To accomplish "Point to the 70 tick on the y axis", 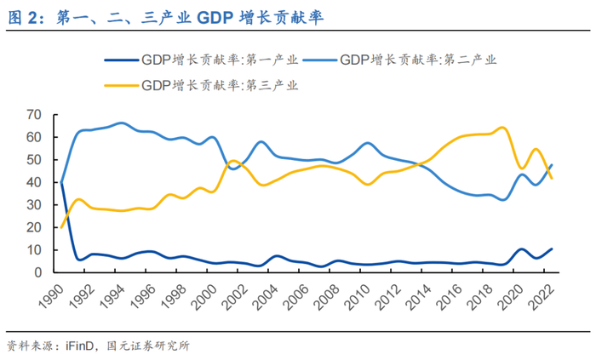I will pos(34,114).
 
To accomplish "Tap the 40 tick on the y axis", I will pos(34,182).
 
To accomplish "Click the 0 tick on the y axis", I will pos(38,272).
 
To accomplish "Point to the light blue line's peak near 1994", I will pos(121,123).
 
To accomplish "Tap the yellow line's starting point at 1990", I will pos(62,226).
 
